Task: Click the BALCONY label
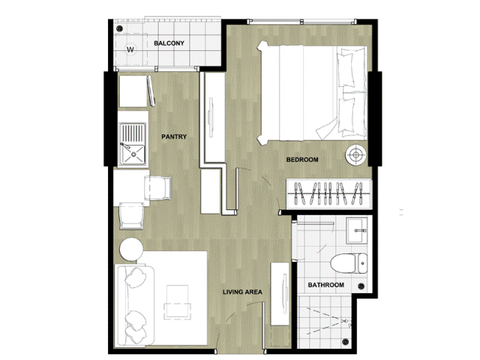(169, 43)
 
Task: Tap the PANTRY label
(174, 136)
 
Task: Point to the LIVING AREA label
(242, 292)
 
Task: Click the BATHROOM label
(325, 285)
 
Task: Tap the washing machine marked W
(130, 49)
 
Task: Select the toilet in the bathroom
(349, 263)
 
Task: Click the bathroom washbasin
(356, 230)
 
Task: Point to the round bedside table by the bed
(355, 154)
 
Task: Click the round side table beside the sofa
(131, 249)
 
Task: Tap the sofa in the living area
(135, 305)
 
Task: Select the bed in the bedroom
(312, 93)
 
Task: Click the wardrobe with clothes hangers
(329, 194)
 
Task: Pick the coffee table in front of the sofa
(177, 302)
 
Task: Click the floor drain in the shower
(346, 341)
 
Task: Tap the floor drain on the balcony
(120, 28)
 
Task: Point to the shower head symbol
(346, 322)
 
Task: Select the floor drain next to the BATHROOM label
(361, 286)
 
